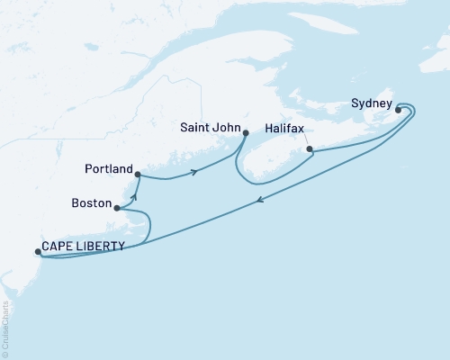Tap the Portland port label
tap(109, 168)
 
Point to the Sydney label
tap(371, 103)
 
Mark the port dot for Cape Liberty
tap(37, 252)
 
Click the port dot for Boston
tap(117, 208)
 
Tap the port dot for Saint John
tap(246, 133)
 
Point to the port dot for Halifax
tap(309, 148)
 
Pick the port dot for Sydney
tap(399, 110)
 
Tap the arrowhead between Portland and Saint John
tap(193, 173)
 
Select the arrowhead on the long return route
tap(261, 202)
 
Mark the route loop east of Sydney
tap(412, 111)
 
